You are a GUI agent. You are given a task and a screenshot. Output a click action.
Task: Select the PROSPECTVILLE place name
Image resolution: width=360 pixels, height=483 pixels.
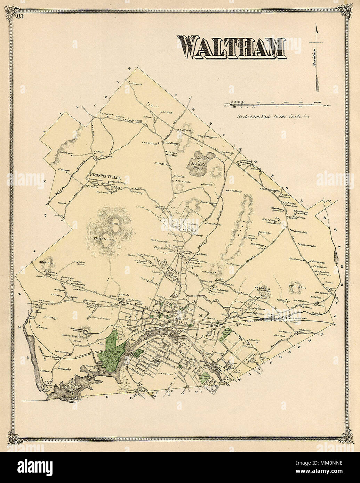(x=105, y=176)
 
